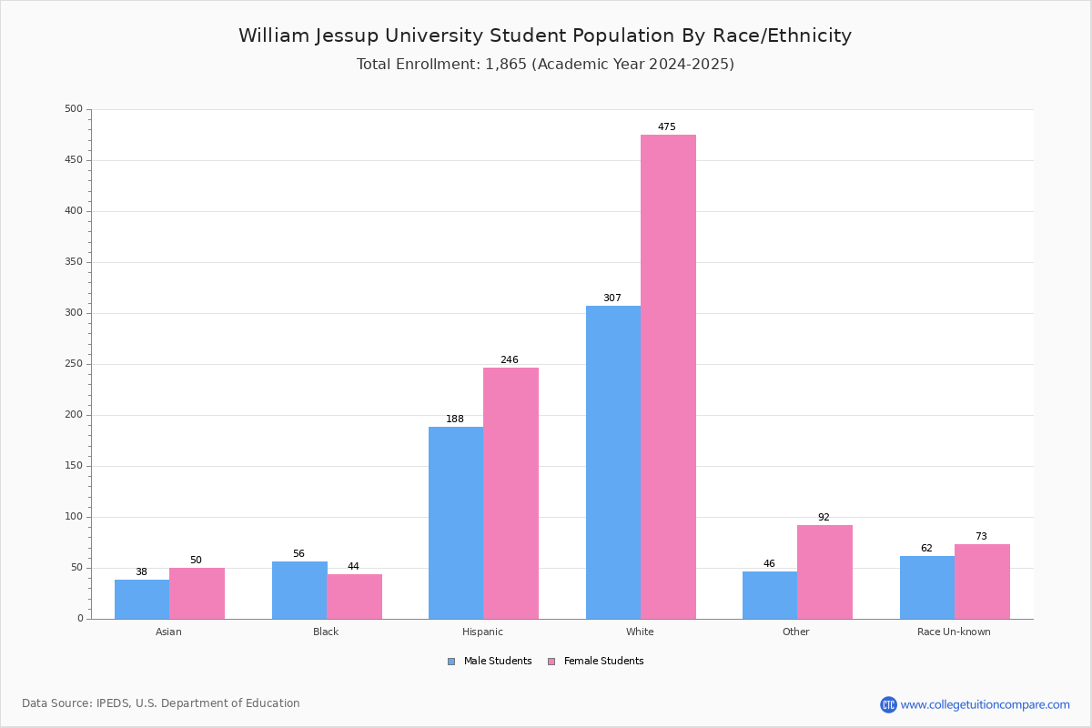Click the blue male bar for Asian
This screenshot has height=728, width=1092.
tap(142, 600)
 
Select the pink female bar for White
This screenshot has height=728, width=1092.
tap(668, 377)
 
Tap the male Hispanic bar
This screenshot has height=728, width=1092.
tap(456, 523)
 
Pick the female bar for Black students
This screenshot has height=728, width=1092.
tap(354, 597)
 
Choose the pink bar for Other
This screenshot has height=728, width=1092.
tap(824, 572)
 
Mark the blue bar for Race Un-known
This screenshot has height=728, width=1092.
tap(927, 588)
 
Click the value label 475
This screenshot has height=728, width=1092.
tap(667, 126)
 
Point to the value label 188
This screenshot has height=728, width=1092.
tap(455, 419)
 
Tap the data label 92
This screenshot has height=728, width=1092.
tap(824, 517)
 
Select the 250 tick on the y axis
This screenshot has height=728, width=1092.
tap(74, 364)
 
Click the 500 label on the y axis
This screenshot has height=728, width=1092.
tap(74, 108)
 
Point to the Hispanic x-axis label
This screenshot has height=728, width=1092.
tap(482, 632)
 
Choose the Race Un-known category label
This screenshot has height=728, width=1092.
tap(954, 632)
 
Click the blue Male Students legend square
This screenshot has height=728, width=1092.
tap(451, 662)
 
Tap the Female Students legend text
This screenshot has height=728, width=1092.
tap(604, 662)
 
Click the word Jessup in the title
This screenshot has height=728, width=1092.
tap(347, 36)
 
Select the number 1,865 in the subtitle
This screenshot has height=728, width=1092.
tap(506, 65)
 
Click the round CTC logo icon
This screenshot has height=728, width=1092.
tap(888, 704)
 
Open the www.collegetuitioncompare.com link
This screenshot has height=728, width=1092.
tap(986, 705)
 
